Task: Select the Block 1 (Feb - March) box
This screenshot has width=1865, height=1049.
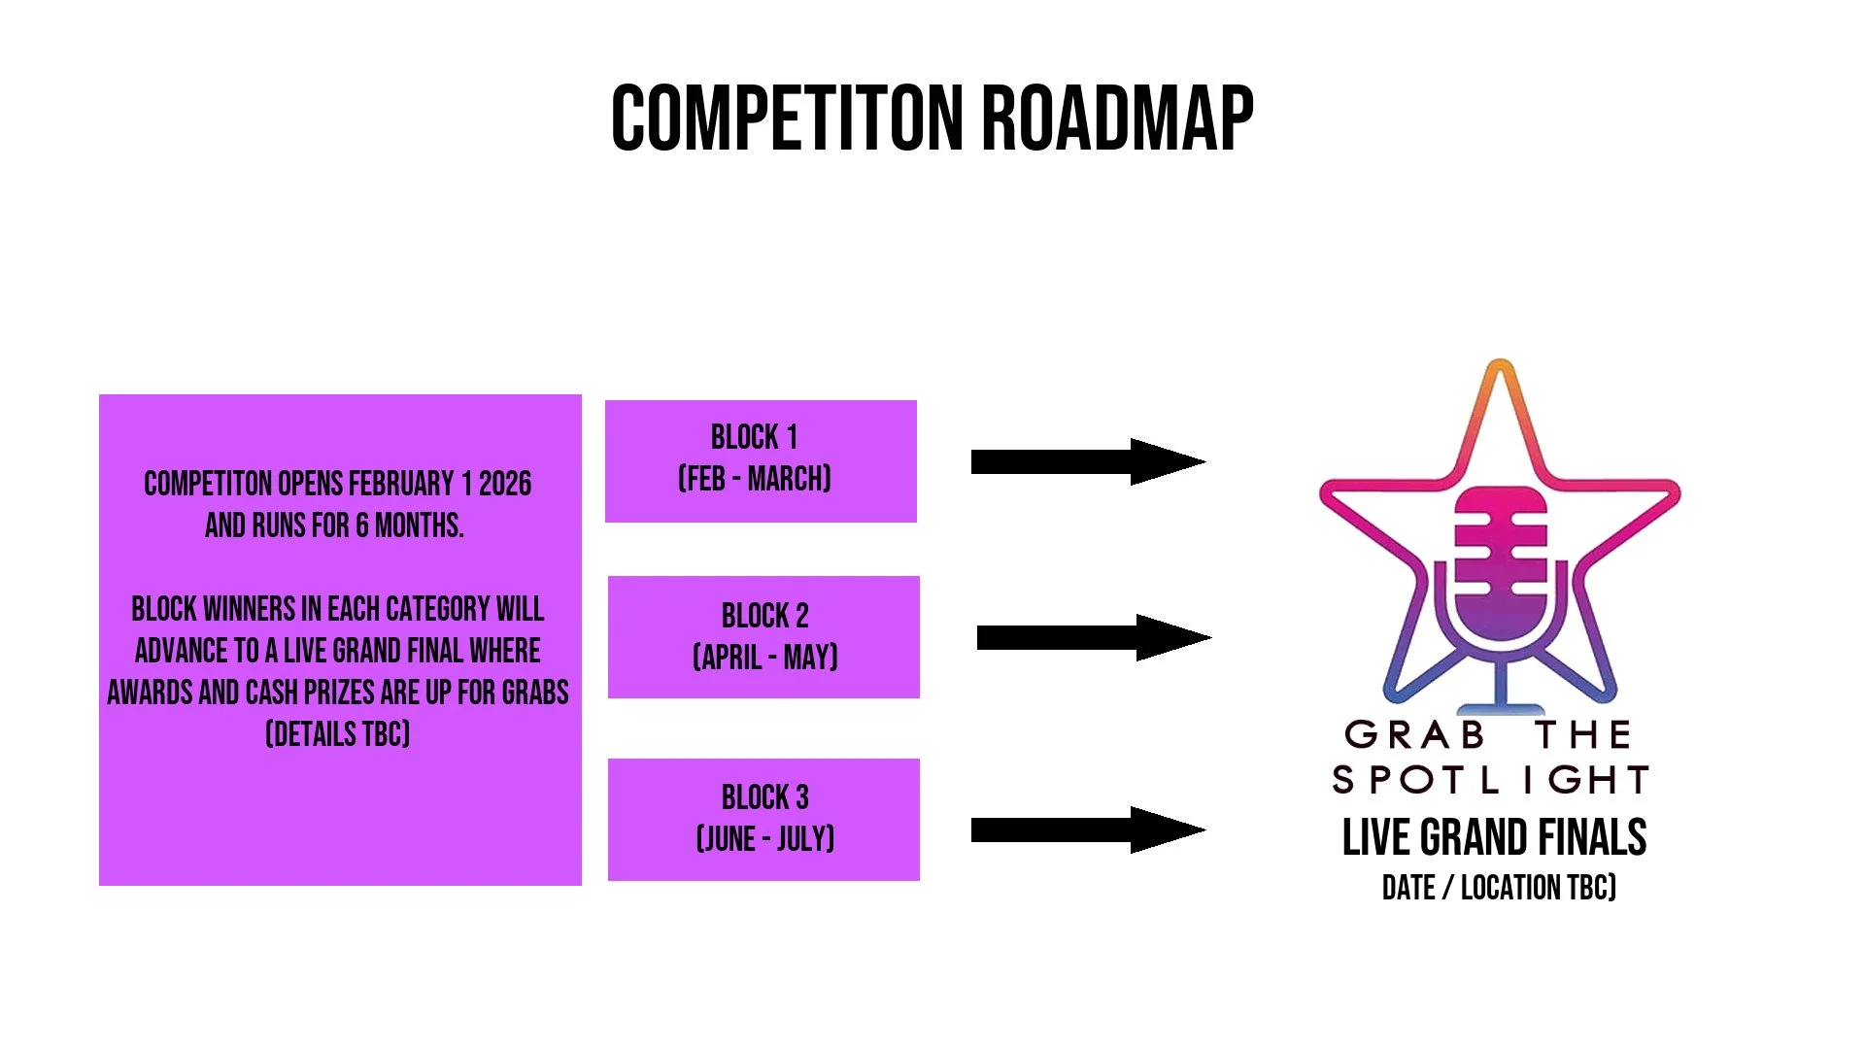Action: [x=761, y=460]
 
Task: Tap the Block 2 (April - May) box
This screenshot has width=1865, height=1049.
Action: [x=763, y=637]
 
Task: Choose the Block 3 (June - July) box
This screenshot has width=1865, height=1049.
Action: [x=763, y=820]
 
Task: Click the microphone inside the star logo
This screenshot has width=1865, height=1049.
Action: [x=1500, y=568]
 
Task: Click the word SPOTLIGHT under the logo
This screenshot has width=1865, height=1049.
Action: [x=1491, y=780]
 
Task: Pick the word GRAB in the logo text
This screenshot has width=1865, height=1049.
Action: [x=1414, y=735]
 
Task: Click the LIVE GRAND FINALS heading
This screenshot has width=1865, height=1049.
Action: [x=1494, y=837]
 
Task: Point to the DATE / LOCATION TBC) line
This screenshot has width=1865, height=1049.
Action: [x=1499, y=888]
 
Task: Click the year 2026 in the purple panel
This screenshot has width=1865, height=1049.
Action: [x=505, y=484]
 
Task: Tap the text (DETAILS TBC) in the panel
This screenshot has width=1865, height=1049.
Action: [x=338, y=733]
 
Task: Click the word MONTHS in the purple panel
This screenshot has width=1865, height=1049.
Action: [x=419, y=525]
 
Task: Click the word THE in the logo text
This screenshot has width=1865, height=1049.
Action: [x=1583, y=735]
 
